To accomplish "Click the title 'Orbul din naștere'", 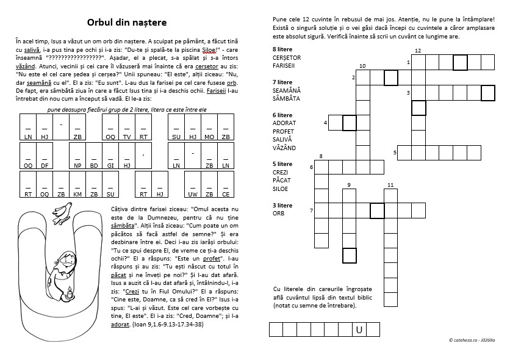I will pos(127,23).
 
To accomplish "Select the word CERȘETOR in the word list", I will pos(287,57).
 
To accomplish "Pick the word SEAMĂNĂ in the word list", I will pos(286,90).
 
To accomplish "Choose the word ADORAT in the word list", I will pos(284,123).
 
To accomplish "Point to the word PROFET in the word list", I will pos(283,131).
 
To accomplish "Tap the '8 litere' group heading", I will pos(282,48).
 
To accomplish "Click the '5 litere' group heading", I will pos(282,164).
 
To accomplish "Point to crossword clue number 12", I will pos(417,51).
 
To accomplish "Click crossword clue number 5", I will pos(395,152).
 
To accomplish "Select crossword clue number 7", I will pos(311,211).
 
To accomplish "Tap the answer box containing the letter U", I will pos(359,330).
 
